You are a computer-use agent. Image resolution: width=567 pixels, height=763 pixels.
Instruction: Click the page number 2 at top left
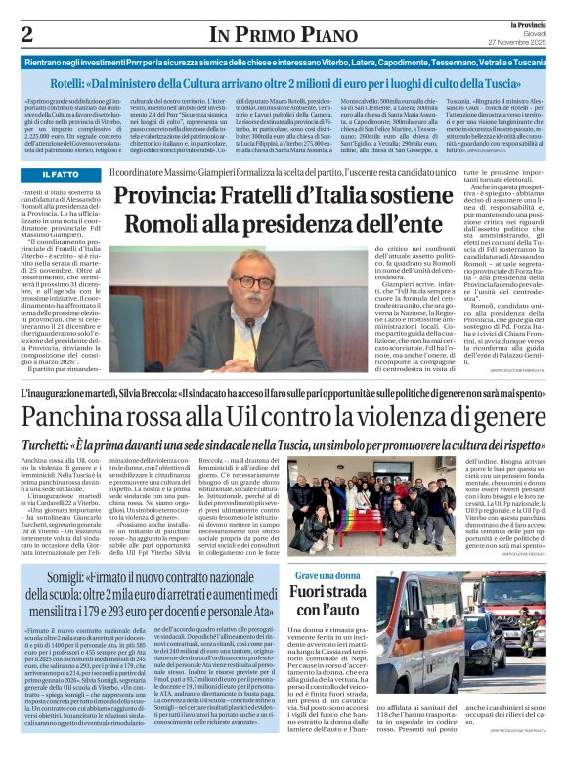26,35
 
